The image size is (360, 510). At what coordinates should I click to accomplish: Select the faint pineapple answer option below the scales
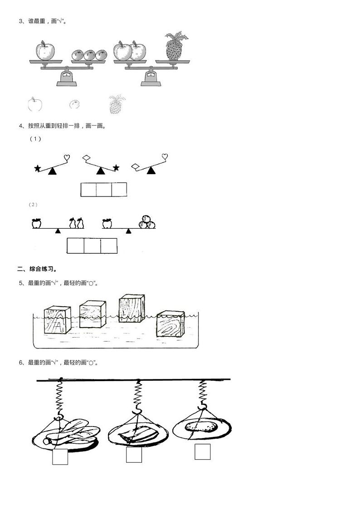(117, 104)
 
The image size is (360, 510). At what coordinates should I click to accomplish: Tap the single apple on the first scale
(45, 50)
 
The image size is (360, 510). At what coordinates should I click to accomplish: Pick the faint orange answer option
(74, 104)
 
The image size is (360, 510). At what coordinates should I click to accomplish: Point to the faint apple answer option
(35, 104)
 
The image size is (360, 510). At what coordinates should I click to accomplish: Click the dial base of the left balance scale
(67, 78)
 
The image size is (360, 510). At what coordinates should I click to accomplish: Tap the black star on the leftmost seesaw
(38, 168)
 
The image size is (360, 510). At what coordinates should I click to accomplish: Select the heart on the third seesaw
(165, 157)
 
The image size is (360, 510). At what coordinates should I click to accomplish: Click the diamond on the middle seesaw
(87, 158)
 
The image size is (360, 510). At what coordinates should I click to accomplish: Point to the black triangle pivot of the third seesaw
(151, 171)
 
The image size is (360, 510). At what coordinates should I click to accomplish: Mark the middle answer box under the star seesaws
(104, 190)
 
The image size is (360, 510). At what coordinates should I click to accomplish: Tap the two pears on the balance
(77, 223)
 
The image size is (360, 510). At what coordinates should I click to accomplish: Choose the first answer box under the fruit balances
(75, 246)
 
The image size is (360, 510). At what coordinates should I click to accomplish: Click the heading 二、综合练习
(37, 270)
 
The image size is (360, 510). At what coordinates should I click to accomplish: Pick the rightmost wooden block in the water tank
(170, 324)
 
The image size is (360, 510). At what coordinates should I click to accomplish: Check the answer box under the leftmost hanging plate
(60, 456)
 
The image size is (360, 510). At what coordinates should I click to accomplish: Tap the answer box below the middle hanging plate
(134, 454)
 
